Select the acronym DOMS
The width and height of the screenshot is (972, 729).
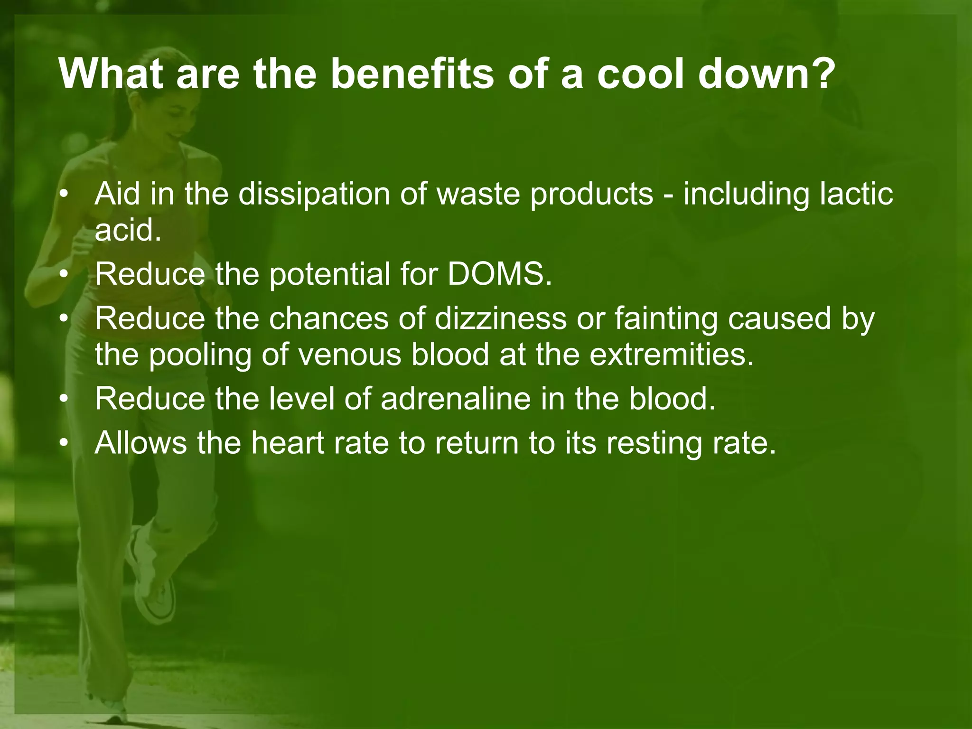499,274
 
